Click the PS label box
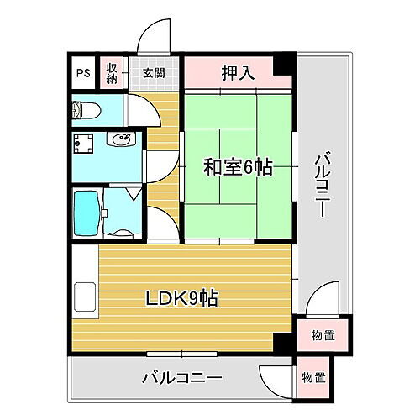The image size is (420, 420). coord(82,72)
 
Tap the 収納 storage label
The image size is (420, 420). coord(112,72)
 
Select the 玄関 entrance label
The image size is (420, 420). coord(154,72)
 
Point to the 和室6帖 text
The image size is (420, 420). coord(238,166)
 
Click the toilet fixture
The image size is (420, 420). coord(86,110)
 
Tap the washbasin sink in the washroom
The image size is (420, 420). coord(121,140)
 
